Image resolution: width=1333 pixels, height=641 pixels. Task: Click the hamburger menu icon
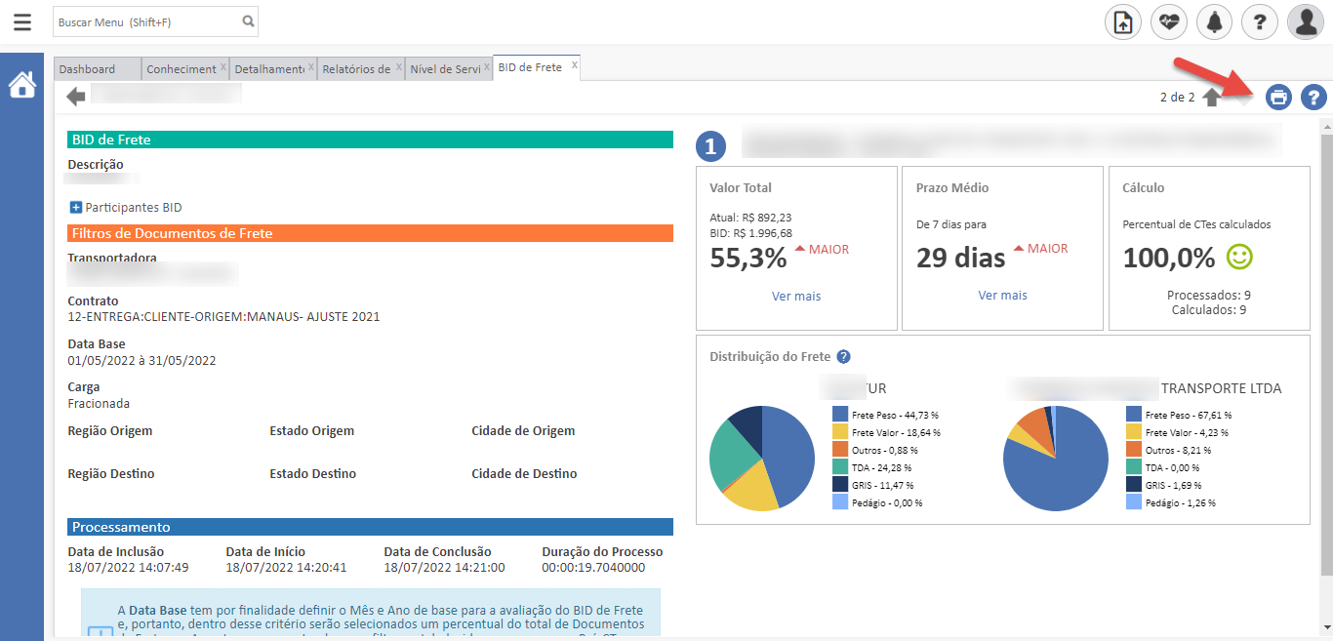pyautogui.click(x=21, y=21)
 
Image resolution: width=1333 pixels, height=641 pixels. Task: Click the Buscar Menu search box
pyautogui.click(x=146, y=21)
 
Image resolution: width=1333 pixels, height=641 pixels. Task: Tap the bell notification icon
pyautogui.click(x=1214, y=21)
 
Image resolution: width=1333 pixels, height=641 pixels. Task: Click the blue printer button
pyautogui.click(x=1278, y=97)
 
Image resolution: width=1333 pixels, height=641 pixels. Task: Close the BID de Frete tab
pyautogui.click(x=575, y=65)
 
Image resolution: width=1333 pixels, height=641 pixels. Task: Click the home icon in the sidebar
pyautogui.click(x=21, y=85)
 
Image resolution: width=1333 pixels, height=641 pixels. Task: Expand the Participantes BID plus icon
pyautogui.click(x=76, y=207)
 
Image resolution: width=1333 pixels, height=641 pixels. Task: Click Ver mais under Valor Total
pyautogui.click(x=796, y=296)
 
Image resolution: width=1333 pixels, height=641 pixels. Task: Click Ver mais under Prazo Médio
pyautogui.click(x=1002, y=295)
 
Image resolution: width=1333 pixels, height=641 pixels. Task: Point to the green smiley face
pyautogui.click(x=1239, y=257)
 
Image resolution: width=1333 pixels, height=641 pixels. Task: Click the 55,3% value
pyautogui.click(x=748, y=259)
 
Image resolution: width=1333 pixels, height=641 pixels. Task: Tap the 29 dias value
pyautogui.click(x=960, y=259)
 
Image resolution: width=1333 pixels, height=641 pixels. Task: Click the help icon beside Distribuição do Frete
pyautogui.click(x=844, y=357)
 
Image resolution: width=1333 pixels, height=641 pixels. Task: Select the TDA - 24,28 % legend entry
pyautogui.click(x=884, y=467)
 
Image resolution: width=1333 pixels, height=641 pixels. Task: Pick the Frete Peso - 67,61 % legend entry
pyautogui.click(x=1187, y=415)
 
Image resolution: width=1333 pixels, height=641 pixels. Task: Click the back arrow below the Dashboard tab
pyautogui.click(x=76, y=96)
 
